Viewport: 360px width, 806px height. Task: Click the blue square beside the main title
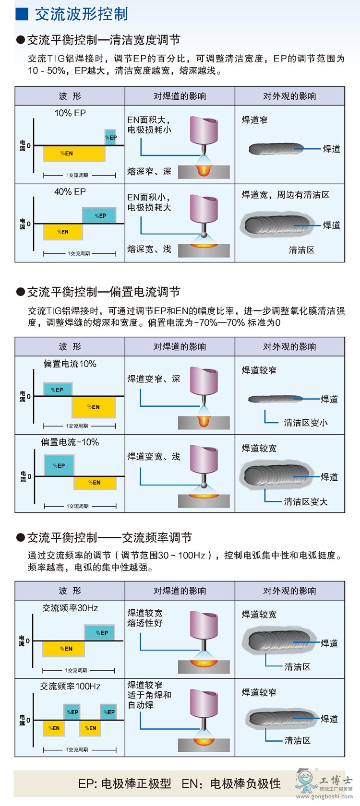pos(22,14)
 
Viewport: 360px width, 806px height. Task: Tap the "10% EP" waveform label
pos(70,113)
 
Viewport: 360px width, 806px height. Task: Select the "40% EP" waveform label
pos(70,192)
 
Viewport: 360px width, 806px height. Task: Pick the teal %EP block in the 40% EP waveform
pos(99,216)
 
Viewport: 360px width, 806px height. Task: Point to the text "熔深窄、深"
pos(149,171)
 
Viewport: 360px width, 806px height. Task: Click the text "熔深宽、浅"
pos(149,249)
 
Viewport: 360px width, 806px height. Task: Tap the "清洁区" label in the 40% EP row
pos(301,250)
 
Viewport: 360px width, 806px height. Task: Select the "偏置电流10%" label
pos(70,364)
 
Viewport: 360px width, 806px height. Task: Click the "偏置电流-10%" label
pos(70,442)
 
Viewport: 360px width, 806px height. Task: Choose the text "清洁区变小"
pos(305,423)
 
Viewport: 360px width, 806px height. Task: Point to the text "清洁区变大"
pos(305,501)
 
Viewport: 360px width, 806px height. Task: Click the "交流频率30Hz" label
pos(70,608)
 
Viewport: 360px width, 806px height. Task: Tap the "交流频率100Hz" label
pos(70,686)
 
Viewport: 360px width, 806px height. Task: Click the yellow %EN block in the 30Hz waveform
pos(64,649)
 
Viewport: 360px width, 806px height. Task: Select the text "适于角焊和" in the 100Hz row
pos(149,695)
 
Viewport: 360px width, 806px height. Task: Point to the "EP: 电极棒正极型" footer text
pos(125,783)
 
